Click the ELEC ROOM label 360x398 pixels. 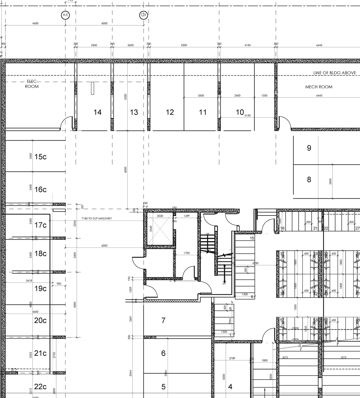32,84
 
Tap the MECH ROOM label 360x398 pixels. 319,87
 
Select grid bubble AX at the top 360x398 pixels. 65,15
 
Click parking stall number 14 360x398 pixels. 97,112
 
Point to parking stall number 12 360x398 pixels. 170,112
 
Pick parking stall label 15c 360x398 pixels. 40,157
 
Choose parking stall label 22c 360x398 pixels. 40,387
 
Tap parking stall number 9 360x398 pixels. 309,148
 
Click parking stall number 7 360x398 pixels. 163,320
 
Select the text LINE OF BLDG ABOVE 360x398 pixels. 334,73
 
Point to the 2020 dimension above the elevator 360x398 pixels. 160,216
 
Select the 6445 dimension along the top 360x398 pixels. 319,45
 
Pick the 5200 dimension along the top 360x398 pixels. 184,45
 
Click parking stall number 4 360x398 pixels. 230,387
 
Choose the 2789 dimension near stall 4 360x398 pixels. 232,358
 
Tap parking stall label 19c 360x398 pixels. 40,289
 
